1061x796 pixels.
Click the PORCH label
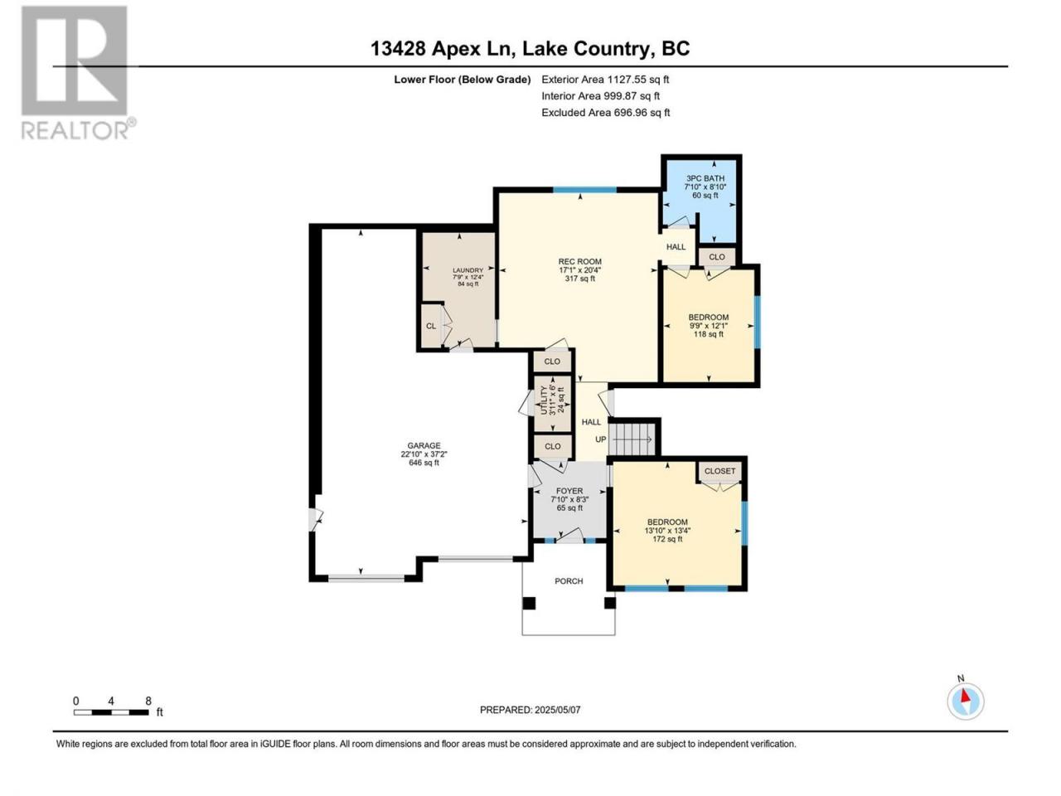coord(569,581)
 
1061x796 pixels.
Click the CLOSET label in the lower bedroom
coord(719,471)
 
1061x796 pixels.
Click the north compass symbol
coord(966,701)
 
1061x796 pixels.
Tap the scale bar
coord(111,712)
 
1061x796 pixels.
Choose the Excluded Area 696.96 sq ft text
coord(606,113)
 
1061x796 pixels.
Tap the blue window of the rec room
coord(585,189)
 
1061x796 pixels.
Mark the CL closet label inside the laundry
coord(431,326)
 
